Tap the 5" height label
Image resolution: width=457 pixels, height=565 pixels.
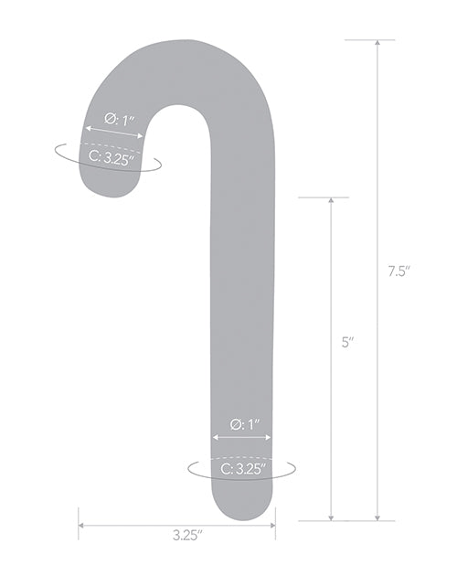point(348,344)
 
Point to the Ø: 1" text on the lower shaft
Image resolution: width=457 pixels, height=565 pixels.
point(244,423)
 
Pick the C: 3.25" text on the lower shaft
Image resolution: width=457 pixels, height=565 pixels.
point(243,470)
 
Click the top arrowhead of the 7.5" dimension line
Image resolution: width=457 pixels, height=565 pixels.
point(377,44)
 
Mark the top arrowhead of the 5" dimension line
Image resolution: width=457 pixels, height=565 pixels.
point(331,201)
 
